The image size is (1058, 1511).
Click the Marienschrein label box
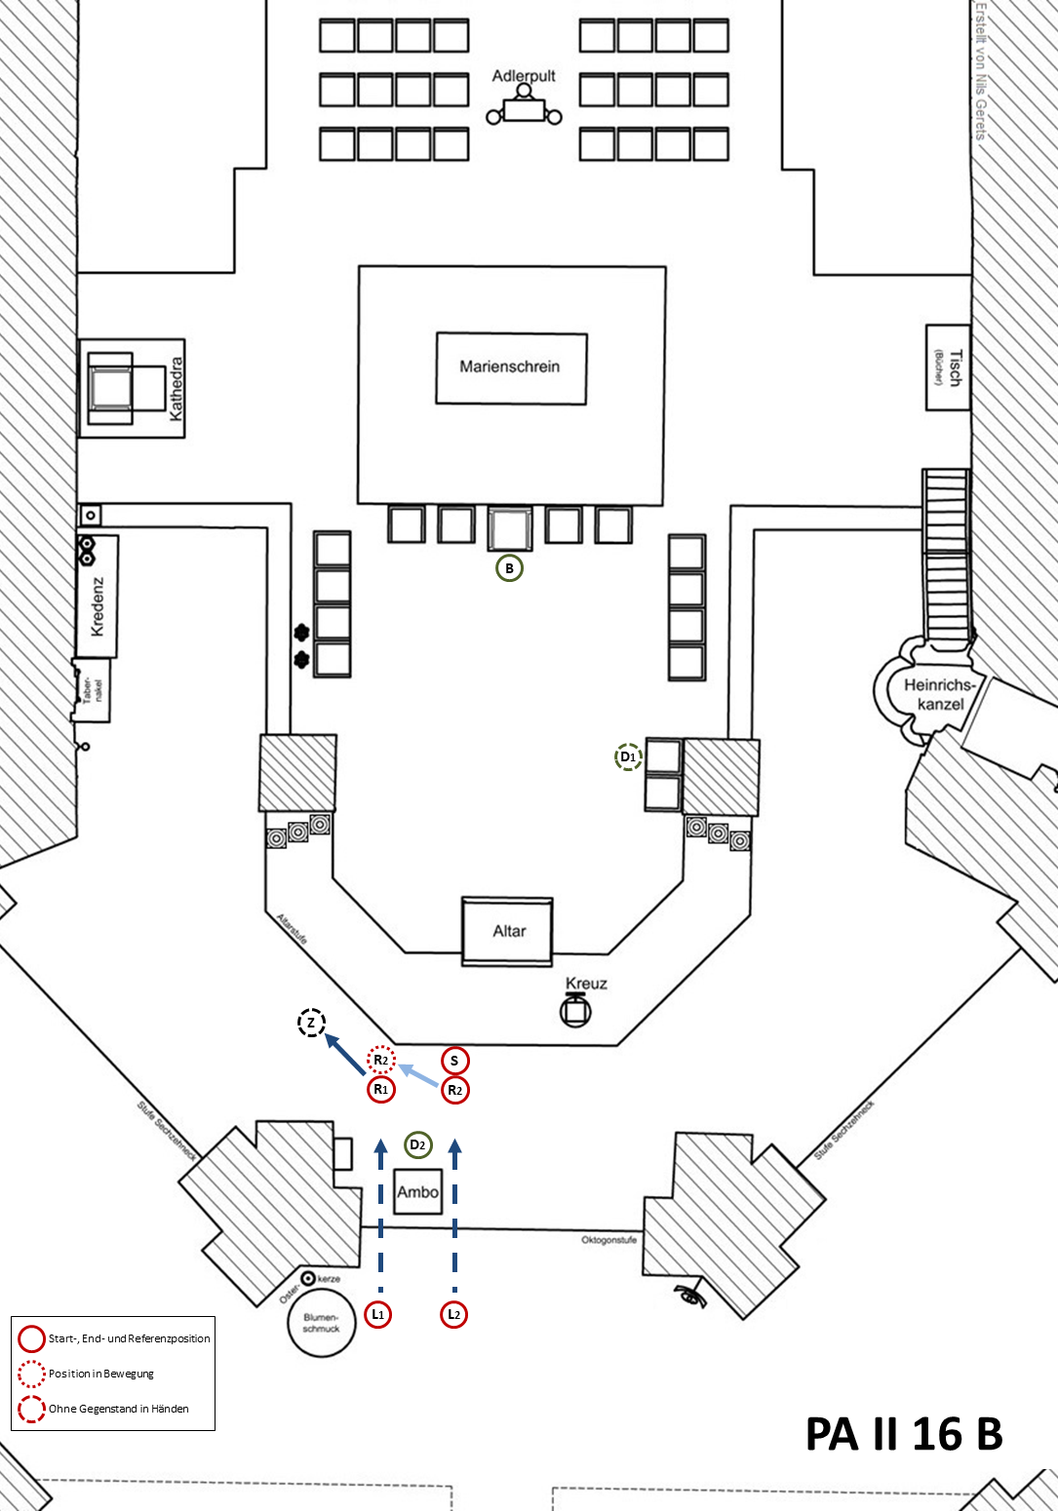tap(511, 368)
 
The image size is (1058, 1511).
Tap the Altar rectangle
tap(507, 931)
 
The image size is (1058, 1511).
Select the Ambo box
tap(417, 1191)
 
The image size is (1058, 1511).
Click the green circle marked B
tap(509, 568)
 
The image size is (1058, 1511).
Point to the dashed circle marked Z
tap(311, 1023)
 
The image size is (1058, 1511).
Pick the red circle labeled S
tap(454, 1061)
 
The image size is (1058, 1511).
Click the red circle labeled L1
tap(378, 1314)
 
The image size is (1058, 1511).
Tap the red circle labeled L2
tap(453, 1314)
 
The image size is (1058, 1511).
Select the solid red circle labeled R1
tap(381, 1089)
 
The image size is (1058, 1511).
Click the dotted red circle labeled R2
tap(381, 1060)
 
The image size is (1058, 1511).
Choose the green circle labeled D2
tap(417, 1144)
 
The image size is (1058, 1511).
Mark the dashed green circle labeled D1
tap(628, 756)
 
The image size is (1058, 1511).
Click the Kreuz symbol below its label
tap(575, 1011)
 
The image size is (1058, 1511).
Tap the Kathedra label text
tap(176, 388)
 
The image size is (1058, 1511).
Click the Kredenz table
tap(97, 596)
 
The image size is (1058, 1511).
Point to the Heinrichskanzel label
tap(940, 694)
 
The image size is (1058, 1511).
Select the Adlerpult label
tap(524, 76)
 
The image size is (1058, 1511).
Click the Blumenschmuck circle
tap(322, 1323)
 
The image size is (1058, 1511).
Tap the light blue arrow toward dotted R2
tap(418, 1074)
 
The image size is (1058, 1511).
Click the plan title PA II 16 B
tap(904, 1434)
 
